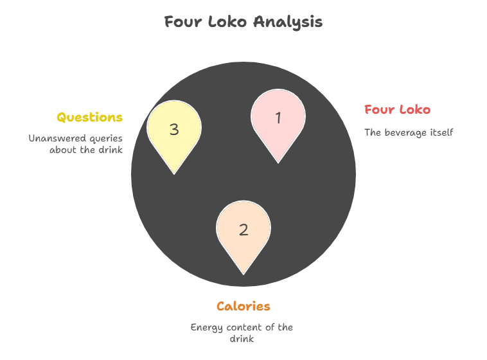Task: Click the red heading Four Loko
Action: pyautogui.click(x=397, y=109)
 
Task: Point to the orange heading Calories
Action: pyautogui.click(x=243, y=306)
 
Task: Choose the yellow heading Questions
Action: pyautogui.click(x=89, y=118)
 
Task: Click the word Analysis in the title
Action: pyautogui.click(x=288, y=22)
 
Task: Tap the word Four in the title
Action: pyautogui.click(x=183, y=22)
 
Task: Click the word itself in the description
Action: pyautogui.click(x=441, y=132)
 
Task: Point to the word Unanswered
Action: pyautogui.click(x=57, y=138)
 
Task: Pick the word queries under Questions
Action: pyautogui.click(x=106, y=139)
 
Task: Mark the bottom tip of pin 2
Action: pyautogui.click(x=243, y=274)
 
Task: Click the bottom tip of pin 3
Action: pyautogui.click(x=174, y=174)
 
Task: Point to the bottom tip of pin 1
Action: pyautogui.click(x=278, y=163)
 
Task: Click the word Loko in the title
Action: pyautogui.click(x=227, y=22)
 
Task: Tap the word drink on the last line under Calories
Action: pyautogui.click(x=242, y=339)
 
